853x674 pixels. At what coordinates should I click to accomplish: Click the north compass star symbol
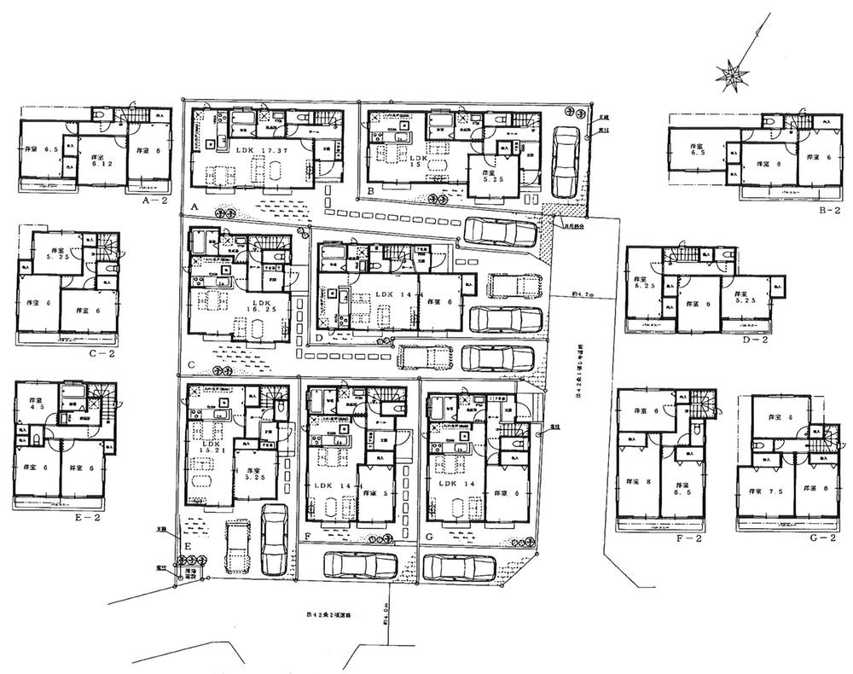731,76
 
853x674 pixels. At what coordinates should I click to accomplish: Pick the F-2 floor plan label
688,538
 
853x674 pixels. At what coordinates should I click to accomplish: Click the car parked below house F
360,567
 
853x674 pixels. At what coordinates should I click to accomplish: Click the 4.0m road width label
386,631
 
